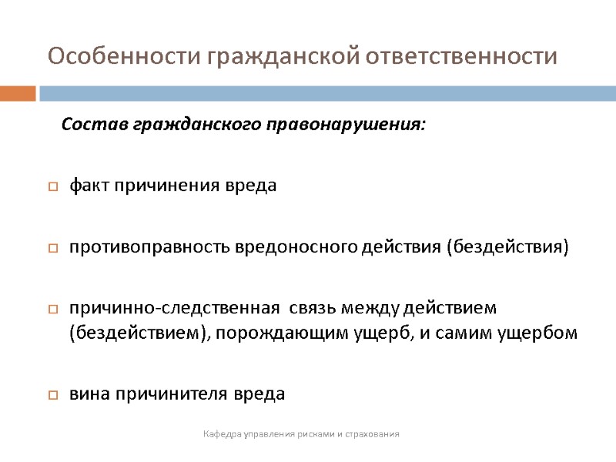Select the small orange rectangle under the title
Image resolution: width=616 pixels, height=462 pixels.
point(18,93)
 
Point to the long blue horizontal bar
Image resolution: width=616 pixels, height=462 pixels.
point(327,93)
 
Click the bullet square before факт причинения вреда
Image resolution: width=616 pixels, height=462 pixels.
point(53,186)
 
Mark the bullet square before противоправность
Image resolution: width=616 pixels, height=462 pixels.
point(53,249)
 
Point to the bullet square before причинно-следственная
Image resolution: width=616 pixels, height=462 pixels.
point(53,310)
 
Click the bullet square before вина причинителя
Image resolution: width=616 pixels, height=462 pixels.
point(53,395)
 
